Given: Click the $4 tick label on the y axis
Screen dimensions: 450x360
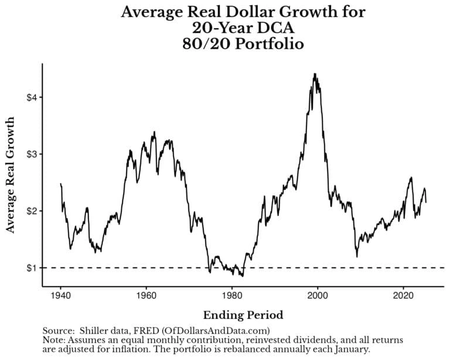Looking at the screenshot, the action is [x=32, y=97].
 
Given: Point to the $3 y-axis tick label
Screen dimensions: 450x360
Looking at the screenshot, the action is [x=32, y=154].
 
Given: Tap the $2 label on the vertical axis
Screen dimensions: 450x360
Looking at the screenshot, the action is [x=32, y=211].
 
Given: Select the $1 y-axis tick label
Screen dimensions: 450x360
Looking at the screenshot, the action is [x=32, y=268].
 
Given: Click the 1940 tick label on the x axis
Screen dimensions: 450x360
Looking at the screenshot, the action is [x=60, y=296].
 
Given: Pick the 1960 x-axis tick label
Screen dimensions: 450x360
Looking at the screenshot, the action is [x=146, y=296].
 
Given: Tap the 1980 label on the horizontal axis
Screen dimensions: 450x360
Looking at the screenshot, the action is [x=232, y=296].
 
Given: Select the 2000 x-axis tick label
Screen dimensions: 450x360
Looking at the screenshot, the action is [x=318, y=296].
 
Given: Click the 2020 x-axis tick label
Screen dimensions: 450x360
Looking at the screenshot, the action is [x=403, y=296].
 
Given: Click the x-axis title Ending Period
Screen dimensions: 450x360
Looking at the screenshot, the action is [x=243, y=315].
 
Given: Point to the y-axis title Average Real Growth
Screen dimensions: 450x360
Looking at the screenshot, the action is [x=10, y=175].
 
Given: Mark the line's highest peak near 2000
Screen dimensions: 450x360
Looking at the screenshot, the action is [x=315, y=74].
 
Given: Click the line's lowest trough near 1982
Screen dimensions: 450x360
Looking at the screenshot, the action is [x=243, y=276].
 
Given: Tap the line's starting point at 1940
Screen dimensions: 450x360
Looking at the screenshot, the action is [x=60, y=184].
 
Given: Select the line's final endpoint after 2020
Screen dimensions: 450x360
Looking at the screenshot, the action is [x=426, y=202].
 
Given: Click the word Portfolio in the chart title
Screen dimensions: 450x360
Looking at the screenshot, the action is [x=269, y=44].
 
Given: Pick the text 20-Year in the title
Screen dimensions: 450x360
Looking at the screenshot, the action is [x=219, y=28].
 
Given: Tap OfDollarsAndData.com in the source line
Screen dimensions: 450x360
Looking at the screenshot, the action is [x=216, y=331].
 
